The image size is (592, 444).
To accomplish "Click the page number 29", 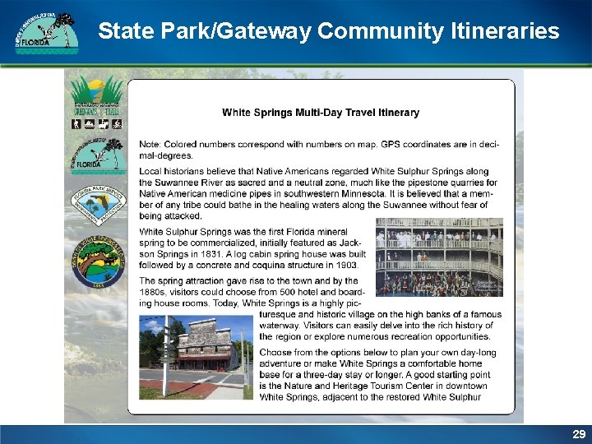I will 579,433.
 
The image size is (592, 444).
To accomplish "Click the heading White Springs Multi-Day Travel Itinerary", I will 321,113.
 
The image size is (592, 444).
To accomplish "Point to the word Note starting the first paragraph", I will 150,145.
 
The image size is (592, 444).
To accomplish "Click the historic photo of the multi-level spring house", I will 439,257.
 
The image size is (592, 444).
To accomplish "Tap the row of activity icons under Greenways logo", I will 97,124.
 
